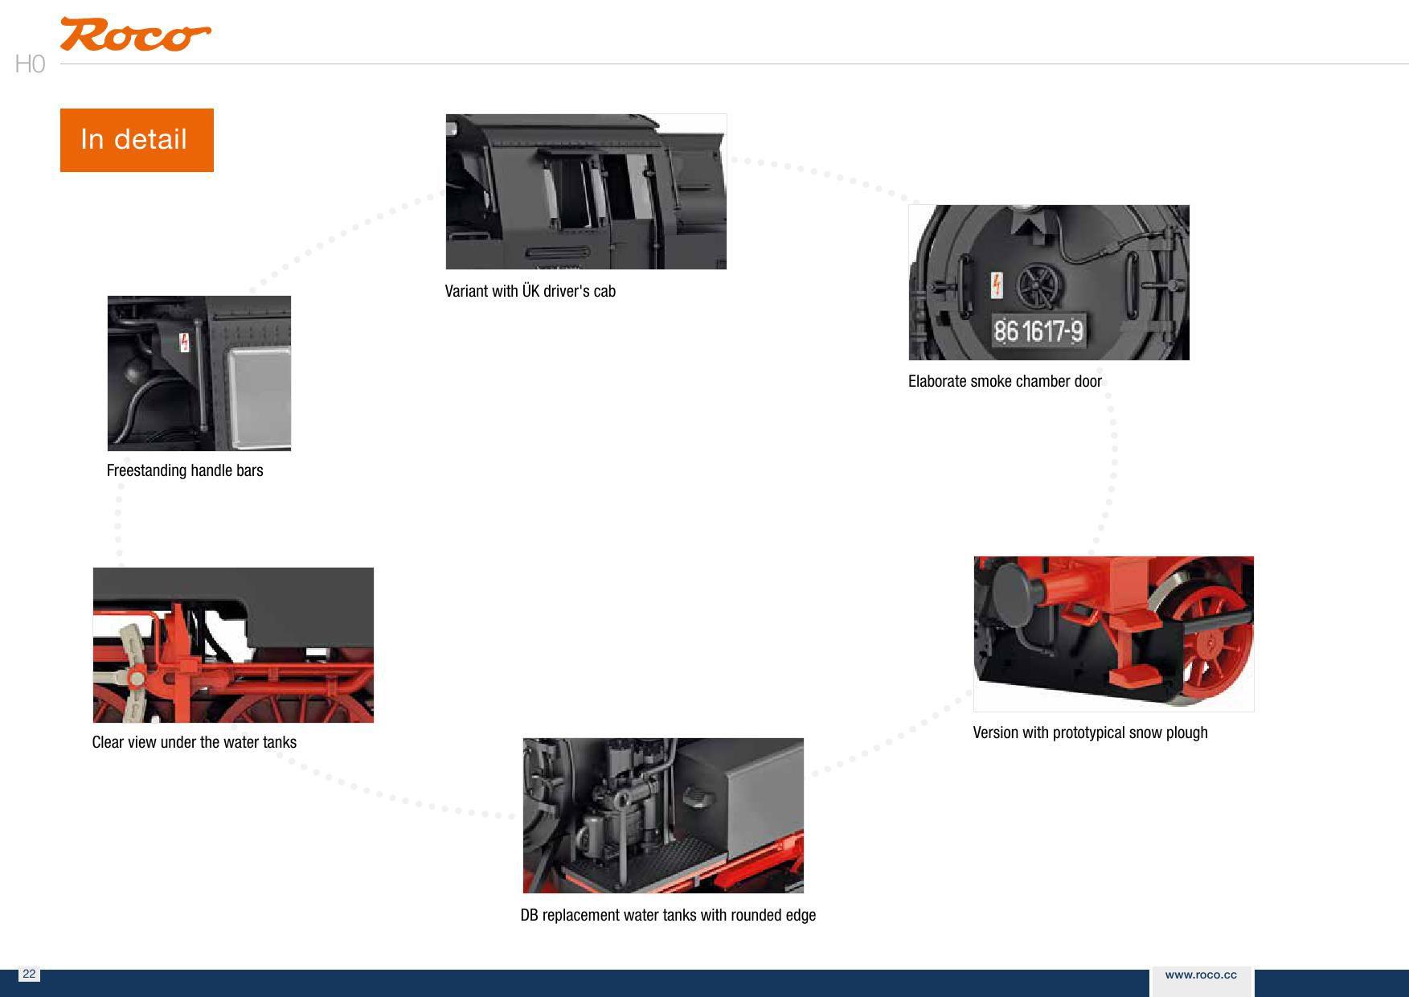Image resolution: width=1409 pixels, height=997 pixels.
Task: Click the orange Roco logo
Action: [x=135, y=35]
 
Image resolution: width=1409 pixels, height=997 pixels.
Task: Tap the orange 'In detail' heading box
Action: [x=137, y=140]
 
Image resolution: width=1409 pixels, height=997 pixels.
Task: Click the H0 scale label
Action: [x=30, y=64]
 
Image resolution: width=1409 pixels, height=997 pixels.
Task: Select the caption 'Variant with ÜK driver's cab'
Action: [x=530, y=291]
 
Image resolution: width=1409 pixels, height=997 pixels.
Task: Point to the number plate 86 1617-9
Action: [x=1038, y=330]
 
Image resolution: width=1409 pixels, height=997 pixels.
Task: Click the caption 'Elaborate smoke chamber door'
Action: [x=1005, y=381]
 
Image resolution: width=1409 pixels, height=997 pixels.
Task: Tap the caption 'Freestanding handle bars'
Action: [x=185, y=470]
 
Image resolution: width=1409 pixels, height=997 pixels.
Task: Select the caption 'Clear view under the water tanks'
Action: [x=195, y=742]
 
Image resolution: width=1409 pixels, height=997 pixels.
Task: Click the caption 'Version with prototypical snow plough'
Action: [x=1090, y=732]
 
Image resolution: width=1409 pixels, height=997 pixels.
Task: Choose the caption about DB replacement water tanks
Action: [x=668, y=915]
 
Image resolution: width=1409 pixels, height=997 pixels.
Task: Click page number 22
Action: [x=29, y=974]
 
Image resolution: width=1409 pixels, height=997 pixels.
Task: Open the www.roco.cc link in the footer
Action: [x=1201, y=974]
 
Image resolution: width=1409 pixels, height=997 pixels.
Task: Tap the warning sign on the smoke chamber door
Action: [x=997, y=285]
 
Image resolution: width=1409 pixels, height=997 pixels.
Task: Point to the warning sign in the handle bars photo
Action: [x=184, y=342]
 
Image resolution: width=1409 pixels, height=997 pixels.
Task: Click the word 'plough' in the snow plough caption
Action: [x=1186, y=733]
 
